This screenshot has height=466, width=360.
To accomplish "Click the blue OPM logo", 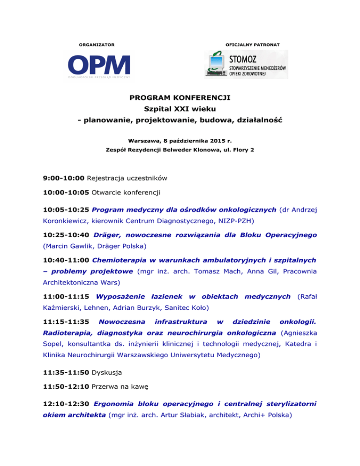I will pyautogui.click(x=99, y=65).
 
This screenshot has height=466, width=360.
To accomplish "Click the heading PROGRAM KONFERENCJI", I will pyautogui.click(x=180, y=98).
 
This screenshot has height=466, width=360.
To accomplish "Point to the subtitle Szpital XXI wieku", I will pyautogui.click(x=180, y=110).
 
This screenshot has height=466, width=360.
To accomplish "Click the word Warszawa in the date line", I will pyautogui.click(x=144, y=140).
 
